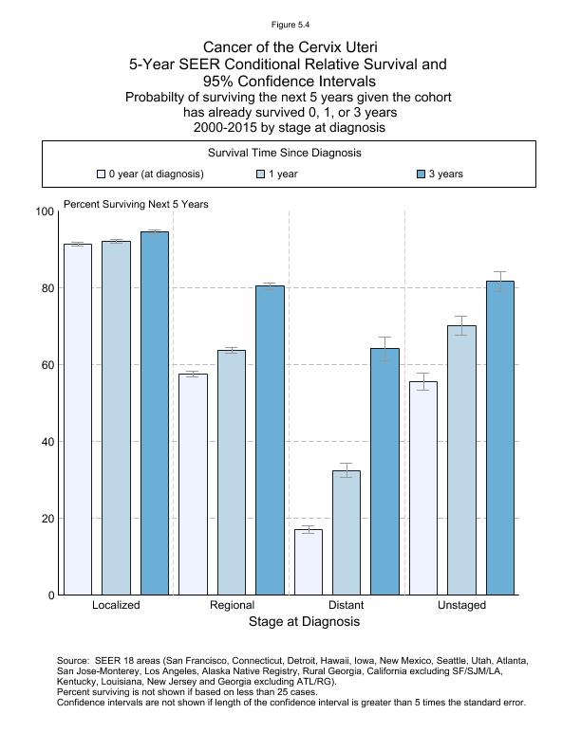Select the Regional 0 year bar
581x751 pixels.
pos(193,485)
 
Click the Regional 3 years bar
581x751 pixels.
pos(270,440)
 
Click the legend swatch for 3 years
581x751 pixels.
pos(422,174)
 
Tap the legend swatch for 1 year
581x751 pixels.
pos(261,174)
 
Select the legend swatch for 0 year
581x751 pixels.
pos(101,174)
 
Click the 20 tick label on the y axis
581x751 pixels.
pos(46,519)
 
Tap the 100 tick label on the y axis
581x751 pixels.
pos(43,211)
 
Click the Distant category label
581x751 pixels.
pos(346,605)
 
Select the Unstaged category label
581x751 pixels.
pos(461,605)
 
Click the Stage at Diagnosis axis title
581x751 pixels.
pos(304,622)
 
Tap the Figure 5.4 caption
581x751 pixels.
pos(290,25)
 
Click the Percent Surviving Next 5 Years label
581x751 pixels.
pos(136,204)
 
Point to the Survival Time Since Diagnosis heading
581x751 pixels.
pos(284,153)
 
